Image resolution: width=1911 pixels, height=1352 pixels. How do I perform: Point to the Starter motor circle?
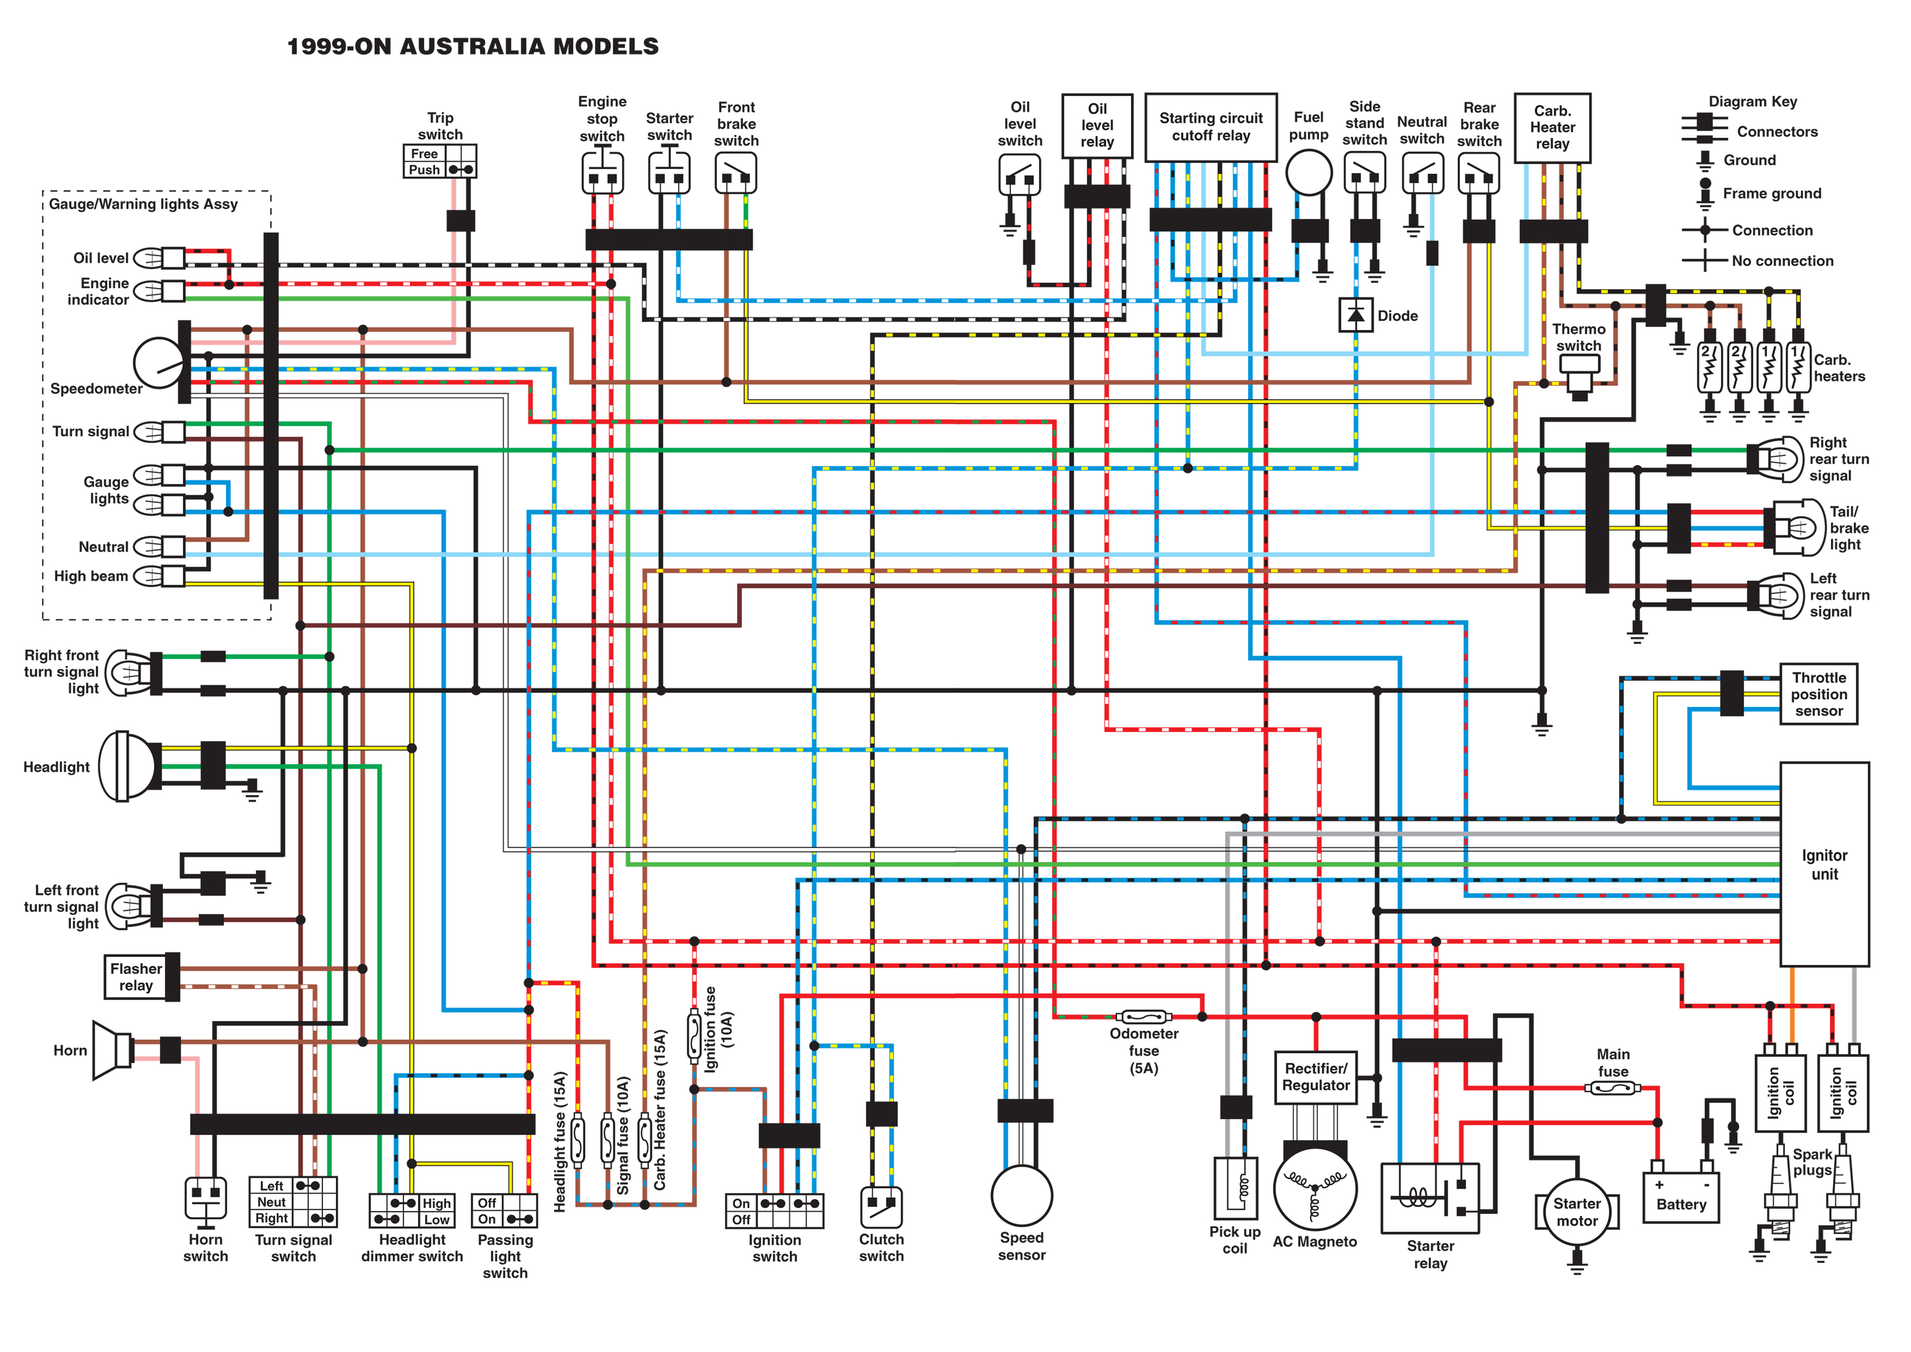1577,1212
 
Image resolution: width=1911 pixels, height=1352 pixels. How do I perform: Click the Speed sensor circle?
1021,1195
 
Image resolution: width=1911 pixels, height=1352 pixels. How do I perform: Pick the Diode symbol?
1355,315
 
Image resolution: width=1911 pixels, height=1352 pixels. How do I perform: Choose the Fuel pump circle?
1309,173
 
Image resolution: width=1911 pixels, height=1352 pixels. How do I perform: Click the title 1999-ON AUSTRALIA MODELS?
473,47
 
